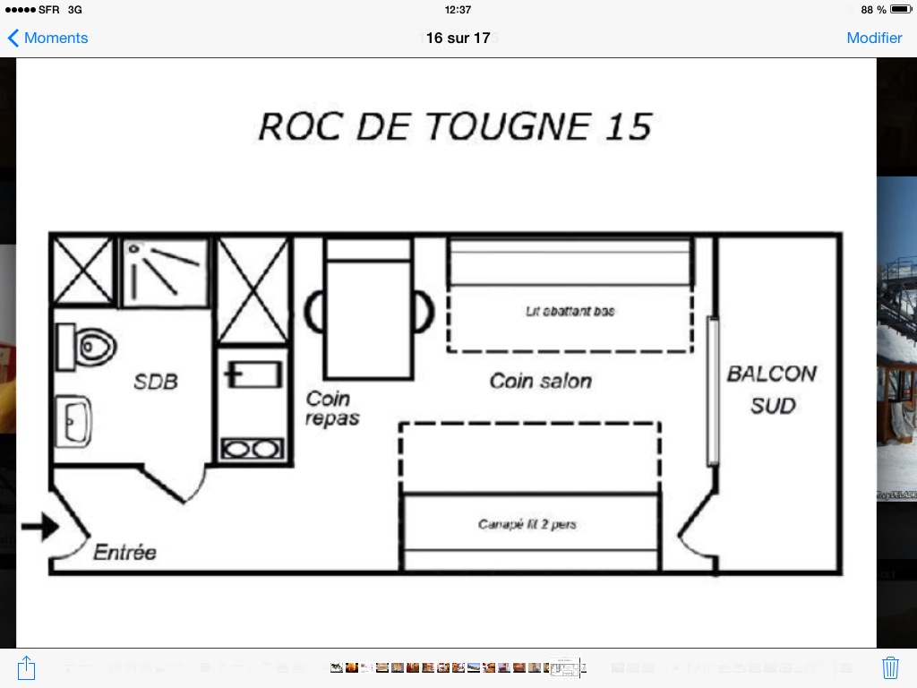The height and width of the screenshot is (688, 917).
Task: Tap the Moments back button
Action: pyautogui.click(x=47, y=38)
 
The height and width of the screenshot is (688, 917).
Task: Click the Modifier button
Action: pyautogui.click(x=874, y=38)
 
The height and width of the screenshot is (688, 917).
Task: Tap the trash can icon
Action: pyautogui.click(x=890, y=667)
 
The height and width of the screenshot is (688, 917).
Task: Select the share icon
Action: pyautogui.click(x=26, y=667)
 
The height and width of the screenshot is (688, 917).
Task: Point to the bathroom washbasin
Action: pyautogui.click(x=73, y=421)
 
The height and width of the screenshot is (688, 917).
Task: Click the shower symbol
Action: pyautogui.click(x=165, y=272)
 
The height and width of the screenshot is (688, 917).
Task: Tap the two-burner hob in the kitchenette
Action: pyautogui.click(x=252, y=450)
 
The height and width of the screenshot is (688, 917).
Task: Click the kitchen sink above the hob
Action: pyautogui.click(x=253, y=374)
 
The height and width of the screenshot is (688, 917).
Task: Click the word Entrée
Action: pyautogui.click(x=125, y=552)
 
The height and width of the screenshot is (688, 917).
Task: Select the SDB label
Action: pyautogui.click(x=156, y=382)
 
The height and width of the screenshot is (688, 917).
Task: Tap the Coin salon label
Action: pyautogui.click(x=540, y=381)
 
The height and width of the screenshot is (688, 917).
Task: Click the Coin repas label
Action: pyautogui.click(x=331, y=408)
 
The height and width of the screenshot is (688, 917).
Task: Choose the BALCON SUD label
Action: pyautogui.click(x=772, y=390)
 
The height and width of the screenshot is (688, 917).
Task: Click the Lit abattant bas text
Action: pyautogui.click(x=570, y=311)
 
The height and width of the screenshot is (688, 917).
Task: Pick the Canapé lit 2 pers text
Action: pyautogui.click(x=527, y=524)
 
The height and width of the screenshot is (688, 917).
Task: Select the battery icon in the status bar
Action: pyautogui.click(x=901, y=9)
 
